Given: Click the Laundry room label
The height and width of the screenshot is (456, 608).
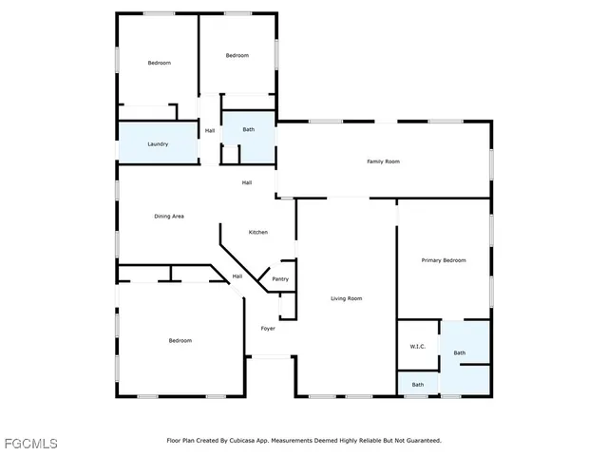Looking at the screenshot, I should coord(158,144).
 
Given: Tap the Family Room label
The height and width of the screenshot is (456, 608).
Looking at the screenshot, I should coord(383,161).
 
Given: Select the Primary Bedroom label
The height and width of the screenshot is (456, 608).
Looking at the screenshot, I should coord(444,259).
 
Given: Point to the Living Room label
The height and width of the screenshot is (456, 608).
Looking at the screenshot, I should coord(347,298).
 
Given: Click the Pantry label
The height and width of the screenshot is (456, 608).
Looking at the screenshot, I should coord(280,279).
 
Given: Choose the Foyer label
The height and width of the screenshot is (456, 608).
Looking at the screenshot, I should coord(269,329).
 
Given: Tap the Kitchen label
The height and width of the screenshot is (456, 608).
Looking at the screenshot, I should coord(258,232).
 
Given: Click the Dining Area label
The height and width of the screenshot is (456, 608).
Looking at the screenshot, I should coord(169,216).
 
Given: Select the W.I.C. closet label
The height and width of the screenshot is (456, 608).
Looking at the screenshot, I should coord(417,347).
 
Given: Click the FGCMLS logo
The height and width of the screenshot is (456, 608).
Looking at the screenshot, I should coord(29,444).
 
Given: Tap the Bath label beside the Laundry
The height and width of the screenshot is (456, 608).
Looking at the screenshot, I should coord(248,129).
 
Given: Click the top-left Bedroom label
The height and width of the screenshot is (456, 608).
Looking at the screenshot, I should coord(159,63).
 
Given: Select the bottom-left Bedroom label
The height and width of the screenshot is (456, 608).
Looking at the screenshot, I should coord(180,340).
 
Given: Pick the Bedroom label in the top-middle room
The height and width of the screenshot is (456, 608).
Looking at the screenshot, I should coord(237,56).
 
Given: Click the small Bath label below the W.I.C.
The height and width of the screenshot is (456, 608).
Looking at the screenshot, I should coord(418,385).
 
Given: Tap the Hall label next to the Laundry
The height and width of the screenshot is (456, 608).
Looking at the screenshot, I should coord(210,130).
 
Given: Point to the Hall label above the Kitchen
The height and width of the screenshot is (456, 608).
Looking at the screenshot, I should coord(247,182).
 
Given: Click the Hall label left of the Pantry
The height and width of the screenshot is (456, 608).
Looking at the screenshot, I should coord(237,276).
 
